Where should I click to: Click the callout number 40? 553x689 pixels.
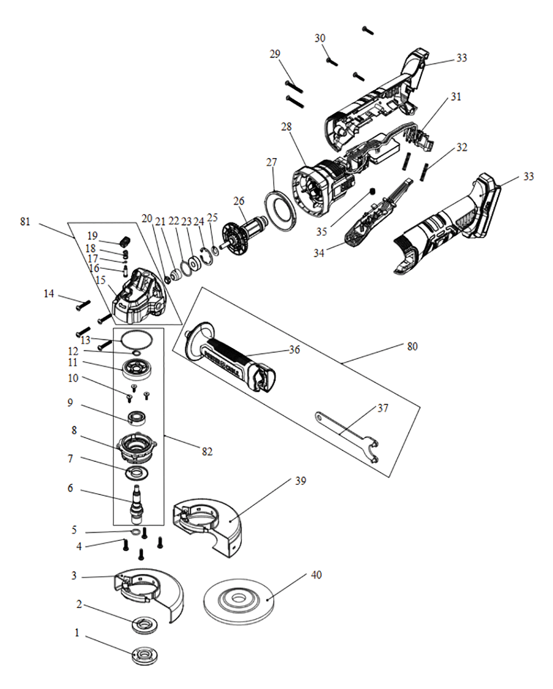316,575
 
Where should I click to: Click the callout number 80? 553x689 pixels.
412,347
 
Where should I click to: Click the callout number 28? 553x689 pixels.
286,127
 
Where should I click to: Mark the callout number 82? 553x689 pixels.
207,452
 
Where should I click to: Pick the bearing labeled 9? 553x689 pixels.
137,417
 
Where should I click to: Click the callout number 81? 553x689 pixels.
25,222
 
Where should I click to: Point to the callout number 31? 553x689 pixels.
456,97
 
